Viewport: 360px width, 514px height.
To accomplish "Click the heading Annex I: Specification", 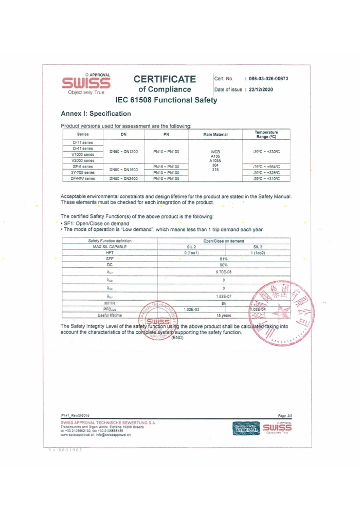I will (x=96, y=113).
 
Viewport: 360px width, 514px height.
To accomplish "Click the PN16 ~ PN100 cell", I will (x=167, y=167).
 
